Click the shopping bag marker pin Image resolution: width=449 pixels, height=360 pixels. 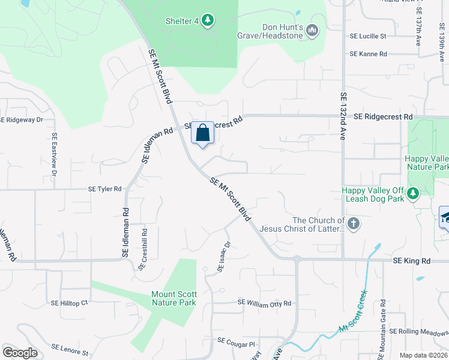pyautogui.click(x=202, y=133)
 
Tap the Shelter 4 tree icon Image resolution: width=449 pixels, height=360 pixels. pyautogui.click(x=208, y=21)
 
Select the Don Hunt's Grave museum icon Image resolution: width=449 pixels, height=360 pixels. pyautogui.click(x=312, y=30)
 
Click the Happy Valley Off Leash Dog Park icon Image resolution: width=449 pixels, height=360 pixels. pyautogui.click(x=412, y=193)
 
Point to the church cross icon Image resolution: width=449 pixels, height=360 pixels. pyautogui.click(x=354, y=224)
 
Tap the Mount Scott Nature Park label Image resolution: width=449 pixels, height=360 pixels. pyautogui.click(x=173, y=298)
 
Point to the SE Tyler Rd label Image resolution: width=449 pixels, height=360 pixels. pyautogui.click(x=105, y=188)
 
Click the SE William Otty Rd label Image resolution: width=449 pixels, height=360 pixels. pyautogui.click(x=264, y=303)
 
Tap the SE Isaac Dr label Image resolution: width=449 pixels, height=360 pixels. pyautogui.click(x=224, y=257)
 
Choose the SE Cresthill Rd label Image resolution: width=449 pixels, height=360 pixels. pyautogui.click(x=143, y=249)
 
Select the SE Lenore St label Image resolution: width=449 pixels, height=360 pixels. pyautogui.click(x=70, y=348)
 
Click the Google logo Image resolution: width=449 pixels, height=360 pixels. pyautogui.click(x=20, y=352)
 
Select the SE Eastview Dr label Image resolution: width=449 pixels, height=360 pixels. pyautogui.click(x=54, y=154)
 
